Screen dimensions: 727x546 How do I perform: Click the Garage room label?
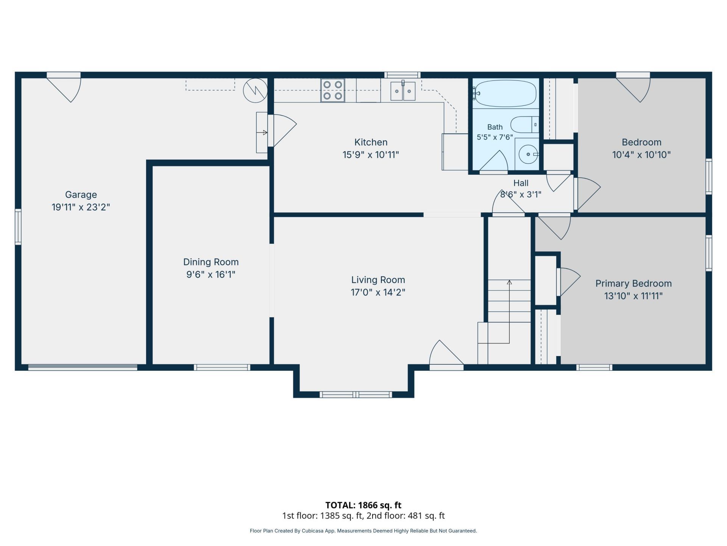[81, 195]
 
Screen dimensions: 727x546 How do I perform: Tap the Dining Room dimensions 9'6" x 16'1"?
[211, 274]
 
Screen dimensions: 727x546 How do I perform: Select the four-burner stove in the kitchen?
[332, 90]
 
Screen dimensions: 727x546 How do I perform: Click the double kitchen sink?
[403, 91]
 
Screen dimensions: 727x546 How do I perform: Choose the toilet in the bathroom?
[524, 124]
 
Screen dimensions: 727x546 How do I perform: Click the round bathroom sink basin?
[528, 154]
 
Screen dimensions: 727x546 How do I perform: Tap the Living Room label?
[378, 280]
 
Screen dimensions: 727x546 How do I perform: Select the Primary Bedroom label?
[633, 283]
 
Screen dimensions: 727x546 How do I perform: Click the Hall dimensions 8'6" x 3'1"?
[521, 195]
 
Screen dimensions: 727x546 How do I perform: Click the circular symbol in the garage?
[255, 91]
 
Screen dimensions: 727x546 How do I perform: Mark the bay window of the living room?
[356, 395]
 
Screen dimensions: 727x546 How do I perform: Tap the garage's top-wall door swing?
[64, 87]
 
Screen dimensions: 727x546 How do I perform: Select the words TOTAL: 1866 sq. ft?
[363, 505]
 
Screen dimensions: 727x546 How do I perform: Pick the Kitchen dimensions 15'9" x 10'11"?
[371, 155]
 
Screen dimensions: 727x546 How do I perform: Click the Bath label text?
[495, 127]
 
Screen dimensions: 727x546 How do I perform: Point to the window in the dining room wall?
[222, 367]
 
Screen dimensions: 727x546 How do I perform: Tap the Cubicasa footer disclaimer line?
[363, 531]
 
